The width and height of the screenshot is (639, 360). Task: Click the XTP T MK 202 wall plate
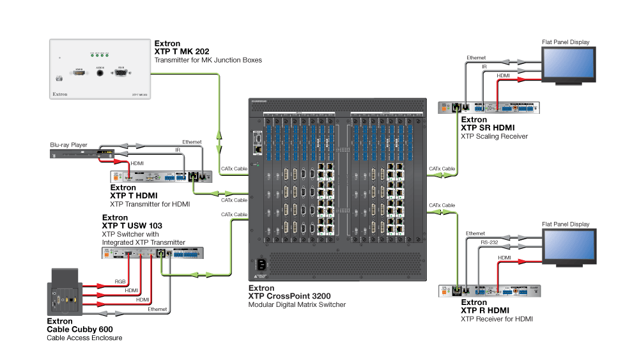[100, 70]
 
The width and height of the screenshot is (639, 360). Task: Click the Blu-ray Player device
[84, 154]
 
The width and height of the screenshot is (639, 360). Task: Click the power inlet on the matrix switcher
[262, 263]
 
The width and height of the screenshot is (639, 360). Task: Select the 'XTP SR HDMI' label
[488, 128]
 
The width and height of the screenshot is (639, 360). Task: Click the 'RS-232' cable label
[489, 243]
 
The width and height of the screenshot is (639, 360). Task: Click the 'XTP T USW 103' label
[132, 226]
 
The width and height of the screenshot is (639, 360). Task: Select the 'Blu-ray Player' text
[68, 145]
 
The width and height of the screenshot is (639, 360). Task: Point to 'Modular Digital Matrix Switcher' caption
[297, 305]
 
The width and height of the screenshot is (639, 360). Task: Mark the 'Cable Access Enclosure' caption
[84, 337]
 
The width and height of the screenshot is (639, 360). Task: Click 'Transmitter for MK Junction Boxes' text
[208, 60]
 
